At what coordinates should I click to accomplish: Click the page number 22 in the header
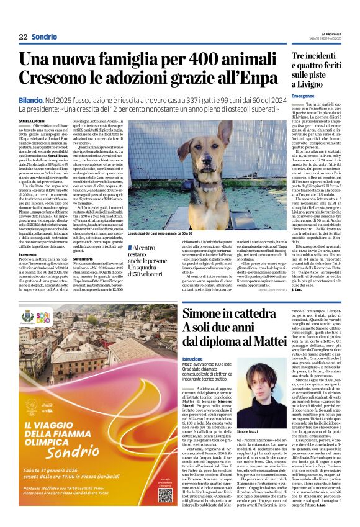(23, 37)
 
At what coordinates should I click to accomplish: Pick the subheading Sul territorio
(87, 257)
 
